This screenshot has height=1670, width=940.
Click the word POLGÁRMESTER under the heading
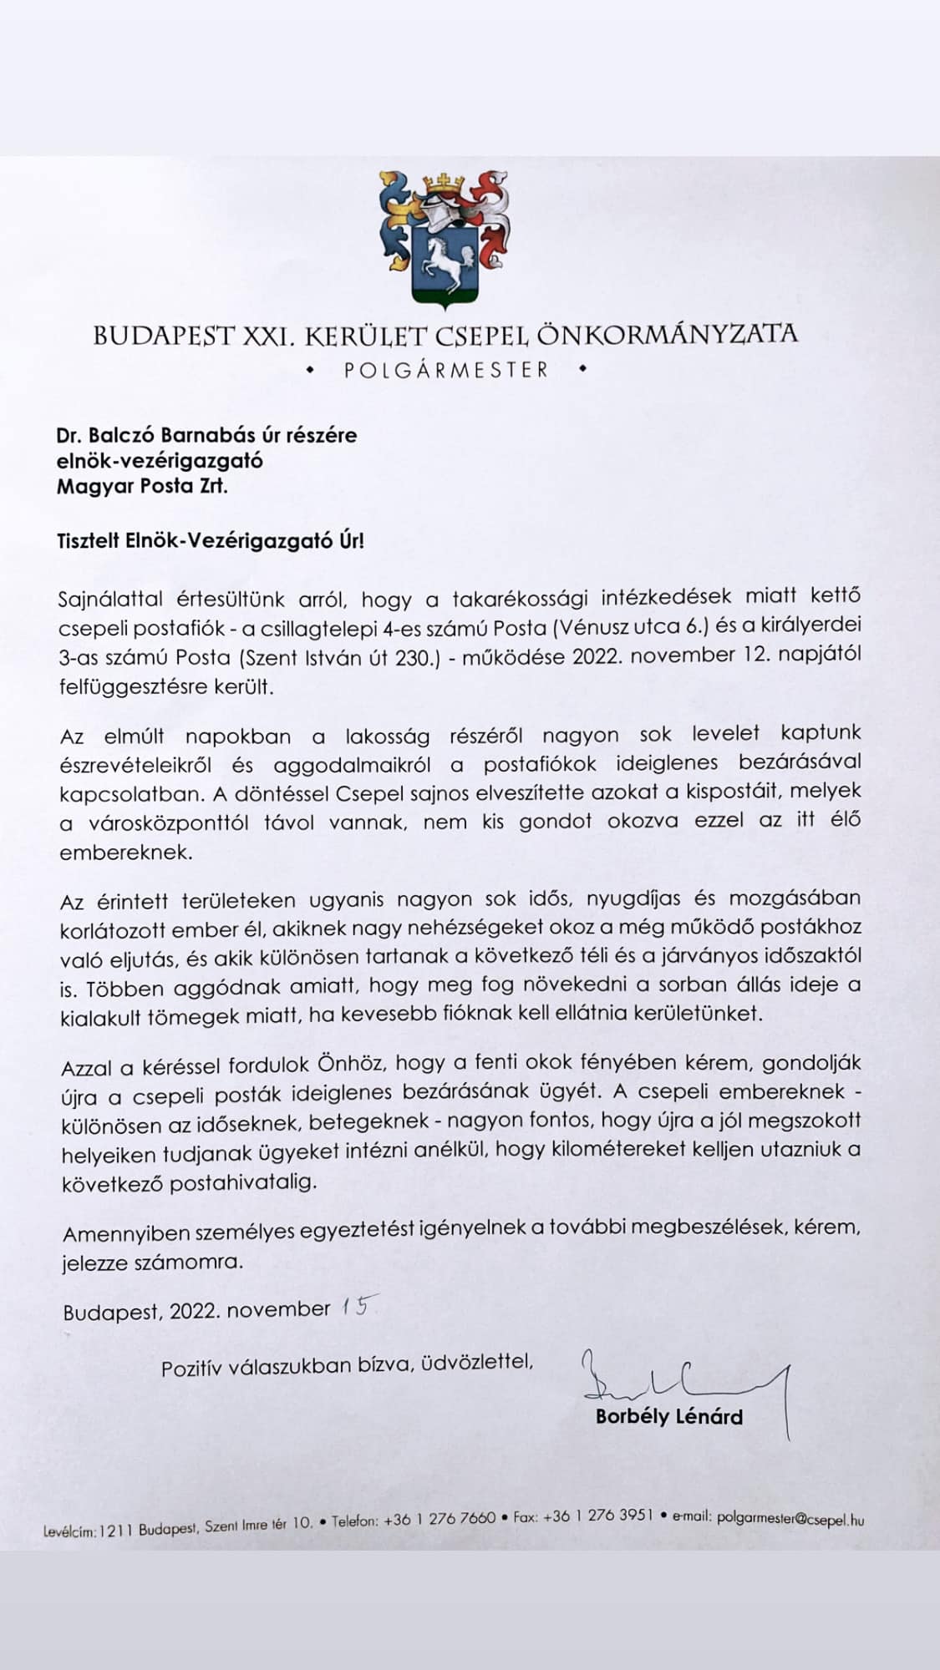[446, 370]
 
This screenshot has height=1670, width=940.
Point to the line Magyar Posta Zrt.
[141, 485]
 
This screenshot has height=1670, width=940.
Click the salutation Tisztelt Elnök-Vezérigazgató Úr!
[211, 540]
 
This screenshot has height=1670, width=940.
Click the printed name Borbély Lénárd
[668, 1416]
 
